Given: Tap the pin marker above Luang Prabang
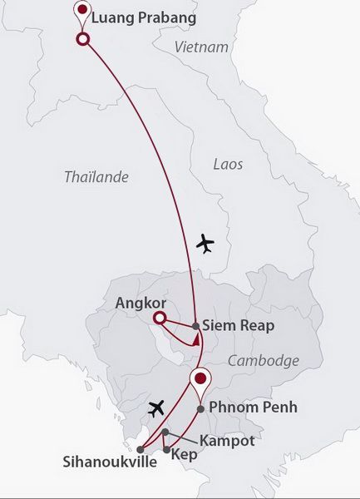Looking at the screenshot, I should [82, 12].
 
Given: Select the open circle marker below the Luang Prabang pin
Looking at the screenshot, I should [82, 39].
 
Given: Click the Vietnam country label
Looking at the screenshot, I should [202, 47].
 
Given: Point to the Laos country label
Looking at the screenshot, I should [228, 164].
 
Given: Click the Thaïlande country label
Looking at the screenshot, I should [96, 176].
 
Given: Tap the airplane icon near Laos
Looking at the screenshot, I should [204, 244].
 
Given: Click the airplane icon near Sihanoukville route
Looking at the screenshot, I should [155, 408].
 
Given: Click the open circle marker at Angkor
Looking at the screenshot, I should [160, 318].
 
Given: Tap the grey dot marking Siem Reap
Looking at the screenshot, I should [195, 326].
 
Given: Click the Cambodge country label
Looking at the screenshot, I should [263, 360].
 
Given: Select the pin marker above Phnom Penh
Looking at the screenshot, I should [200, 380].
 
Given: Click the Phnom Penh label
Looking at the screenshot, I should [253, 408].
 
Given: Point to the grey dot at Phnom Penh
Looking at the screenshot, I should [200, 408].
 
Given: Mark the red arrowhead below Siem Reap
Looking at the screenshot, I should [195, 339].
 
